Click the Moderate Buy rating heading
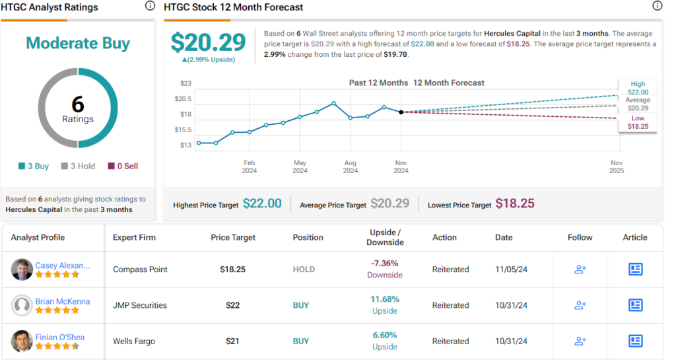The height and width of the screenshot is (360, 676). (78, 44)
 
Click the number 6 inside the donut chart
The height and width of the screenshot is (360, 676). (78, 104)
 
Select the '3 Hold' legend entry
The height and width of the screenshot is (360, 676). (79, 166)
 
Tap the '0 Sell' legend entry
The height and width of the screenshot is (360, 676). (122, 166)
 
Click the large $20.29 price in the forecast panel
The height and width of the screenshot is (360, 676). (208, 42)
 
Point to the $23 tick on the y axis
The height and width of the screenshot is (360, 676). (186, 83)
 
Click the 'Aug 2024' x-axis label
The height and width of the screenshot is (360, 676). (351, 166)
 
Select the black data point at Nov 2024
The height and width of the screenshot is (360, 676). (401, 112)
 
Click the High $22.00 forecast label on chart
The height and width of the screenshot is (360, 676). (638, 89)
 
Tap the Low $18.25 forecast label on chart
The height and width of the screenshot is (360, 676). (638, 122)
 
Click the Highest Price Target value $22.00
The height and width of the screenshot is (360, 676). (262, 204)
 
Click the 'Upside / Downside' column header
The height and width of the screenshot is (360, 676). (385, 237)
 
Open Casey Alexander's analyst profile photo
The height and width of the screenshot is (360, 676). (22, 270)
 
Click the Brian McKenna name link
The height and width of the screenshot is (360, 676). (63, 301)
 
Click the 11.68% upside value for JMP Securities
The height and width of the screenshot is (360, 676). (385, 300)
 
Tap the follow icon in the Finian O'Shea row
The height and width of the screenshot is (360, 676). (580, 341)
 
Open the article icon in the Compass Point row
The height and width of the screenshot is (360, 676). (635, 270)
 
